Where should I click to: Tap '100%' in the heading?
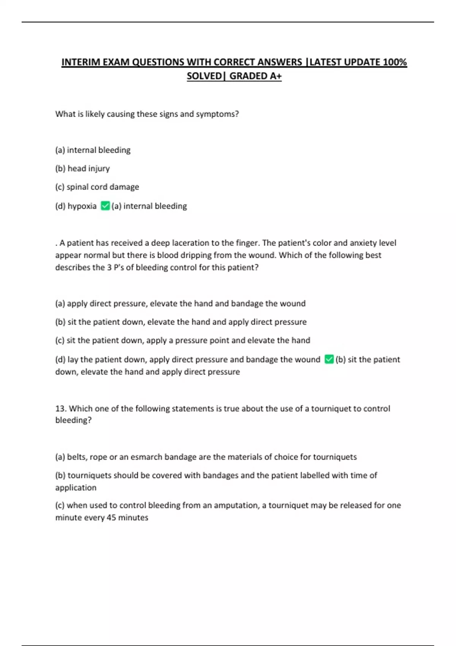coord(395,62)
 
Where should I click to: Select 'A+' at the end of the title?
coord(276,76)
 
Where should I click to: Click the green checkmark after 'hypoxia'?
coord(105,206)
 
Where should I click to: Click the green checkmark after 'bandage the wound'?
coord(329,359)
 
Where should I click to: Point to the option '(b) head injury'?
coord(82,168)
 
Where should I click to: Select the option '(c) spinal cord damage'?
coord(97,187)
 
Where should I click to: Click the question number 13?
coord(60,408)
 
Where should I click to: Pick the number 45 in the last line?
coord(111,518)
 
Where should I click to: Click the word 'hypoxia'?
coord(82,206)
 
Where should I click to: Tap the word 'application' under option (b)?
coord(76,488)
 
